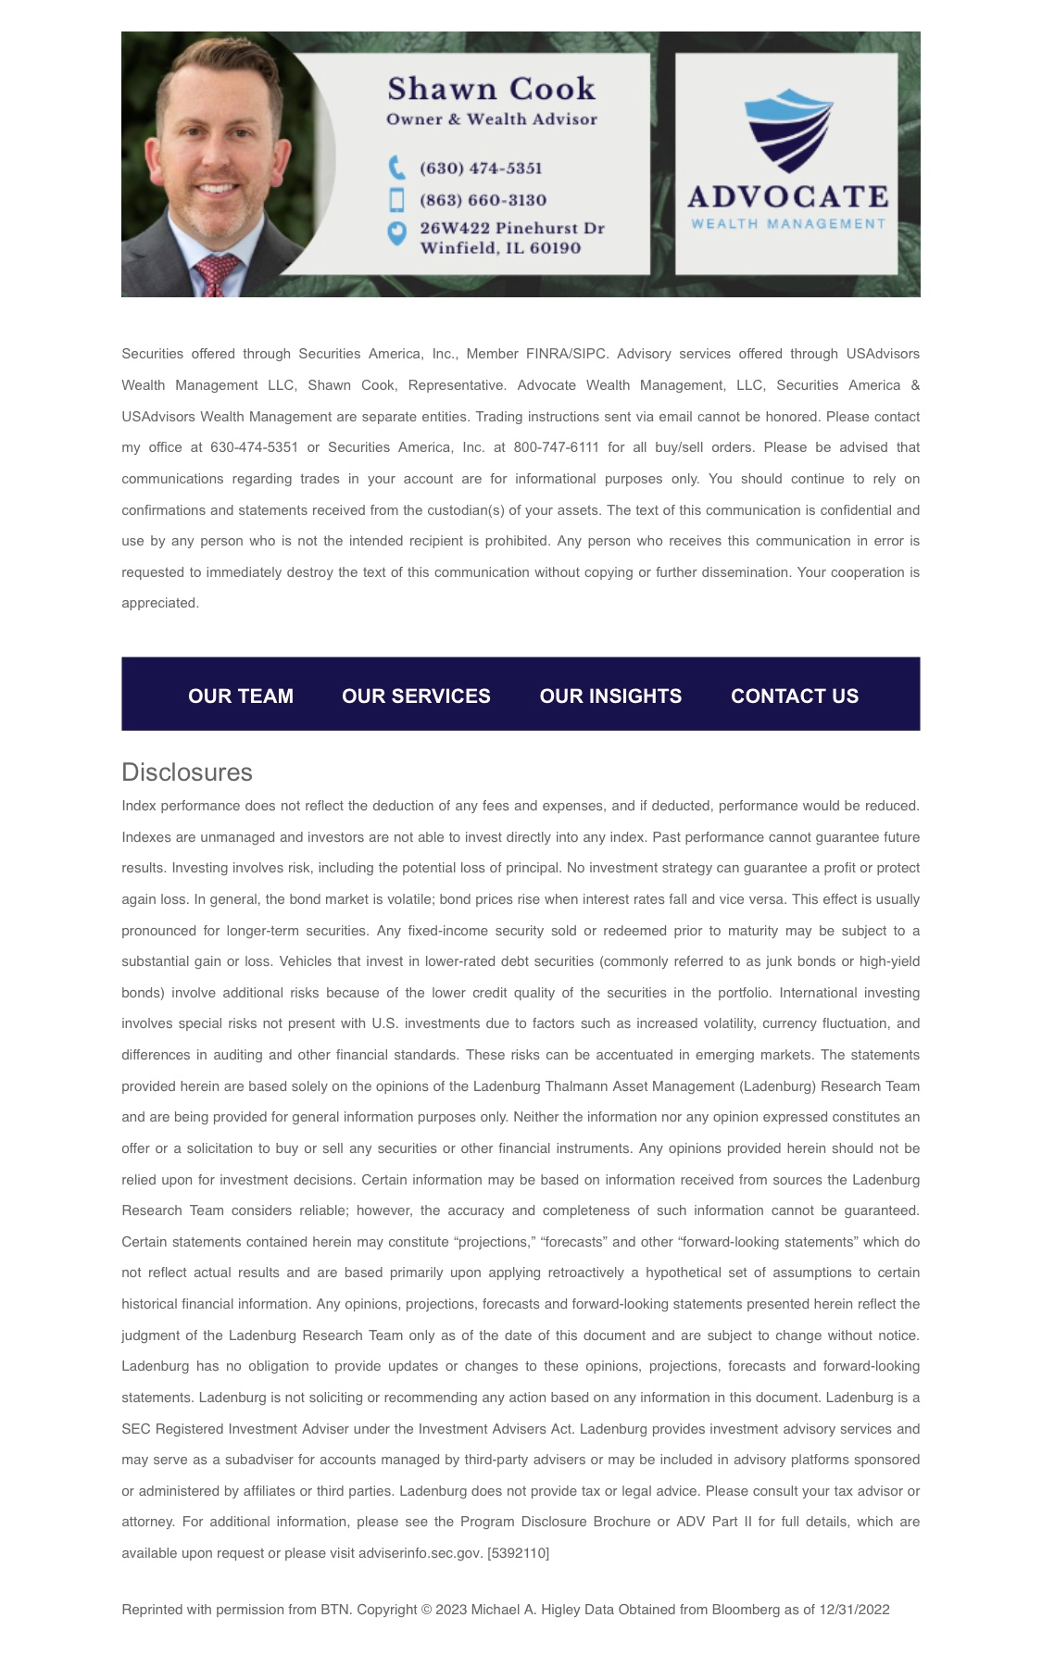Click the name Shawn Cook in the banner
[x=491, y=89]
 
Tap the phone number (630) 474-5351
[x=481, y=169]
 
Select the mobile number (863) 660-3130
[x=483, y=200]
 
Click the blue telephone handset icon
[x=396, y=168]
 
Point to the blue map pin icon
[x=396, y=233]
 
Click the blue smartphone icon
[x=396, y=200]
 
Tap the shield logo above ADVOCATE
[x=788, y=131]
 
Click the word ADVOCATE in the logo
[x=788, y=197]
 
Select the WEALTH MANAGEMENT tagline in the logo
[x=788, y=224]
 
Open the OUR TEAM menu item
[x=241, y=696]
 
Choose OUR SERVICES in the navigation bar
[x=416, y=696]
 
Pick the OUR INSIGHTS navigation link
[x=610, y=696]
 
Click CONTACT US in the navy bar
[x=795, y=696]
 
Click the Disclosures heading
[x=187, y=772]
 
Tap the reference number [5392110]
[x=519, y=1553]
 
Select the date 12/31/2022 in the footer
[x=855, y=1610]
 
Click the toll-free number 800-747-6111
[x=557, y=447]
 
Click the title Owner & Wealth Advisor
[x=492, y=119]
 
